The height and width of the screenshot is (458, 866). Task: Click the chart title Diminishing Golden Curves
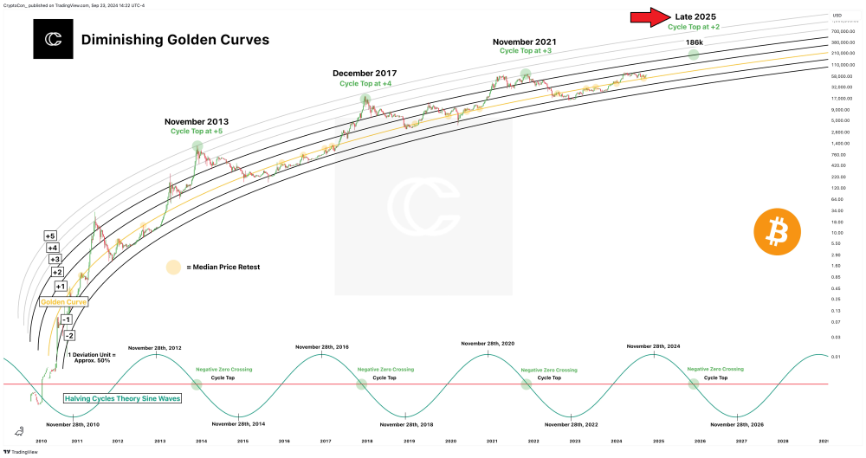click(175, 40)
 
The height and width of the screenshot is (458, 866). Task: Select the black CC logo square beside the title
click(53, 40)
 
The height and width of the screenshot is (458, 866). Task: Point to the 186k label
click(694, 42)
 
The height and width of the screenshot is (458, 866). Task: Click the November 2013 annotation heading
click(197, 121)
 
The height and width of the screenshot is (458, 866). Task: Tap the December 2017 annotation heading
click(365, 73)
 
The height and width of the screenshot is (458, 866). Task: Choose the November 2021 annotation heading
click(525, 41)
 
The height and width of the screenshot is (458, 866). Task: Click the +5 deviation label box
click(50, 236)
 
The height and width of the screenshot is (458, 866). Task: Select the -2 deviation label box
click(70, 335)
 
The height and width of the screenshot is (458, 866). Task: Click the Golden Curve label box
click(63, 302)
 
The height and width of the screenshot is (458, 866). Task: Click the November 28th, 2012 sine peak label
click(156, 347)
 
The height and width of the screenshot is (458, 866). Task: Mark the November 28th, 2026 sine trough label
click(737, 424)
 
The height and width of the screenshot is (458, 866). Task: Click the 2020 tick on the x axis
click(450, 441)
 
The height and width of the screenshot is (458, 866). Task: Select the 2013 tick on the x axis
click(160, 441)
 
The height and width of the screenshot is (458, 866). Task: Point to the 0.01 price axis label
click(836, 356)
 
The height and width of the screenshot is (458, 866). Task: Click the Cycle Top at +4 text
click(365, 83)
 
